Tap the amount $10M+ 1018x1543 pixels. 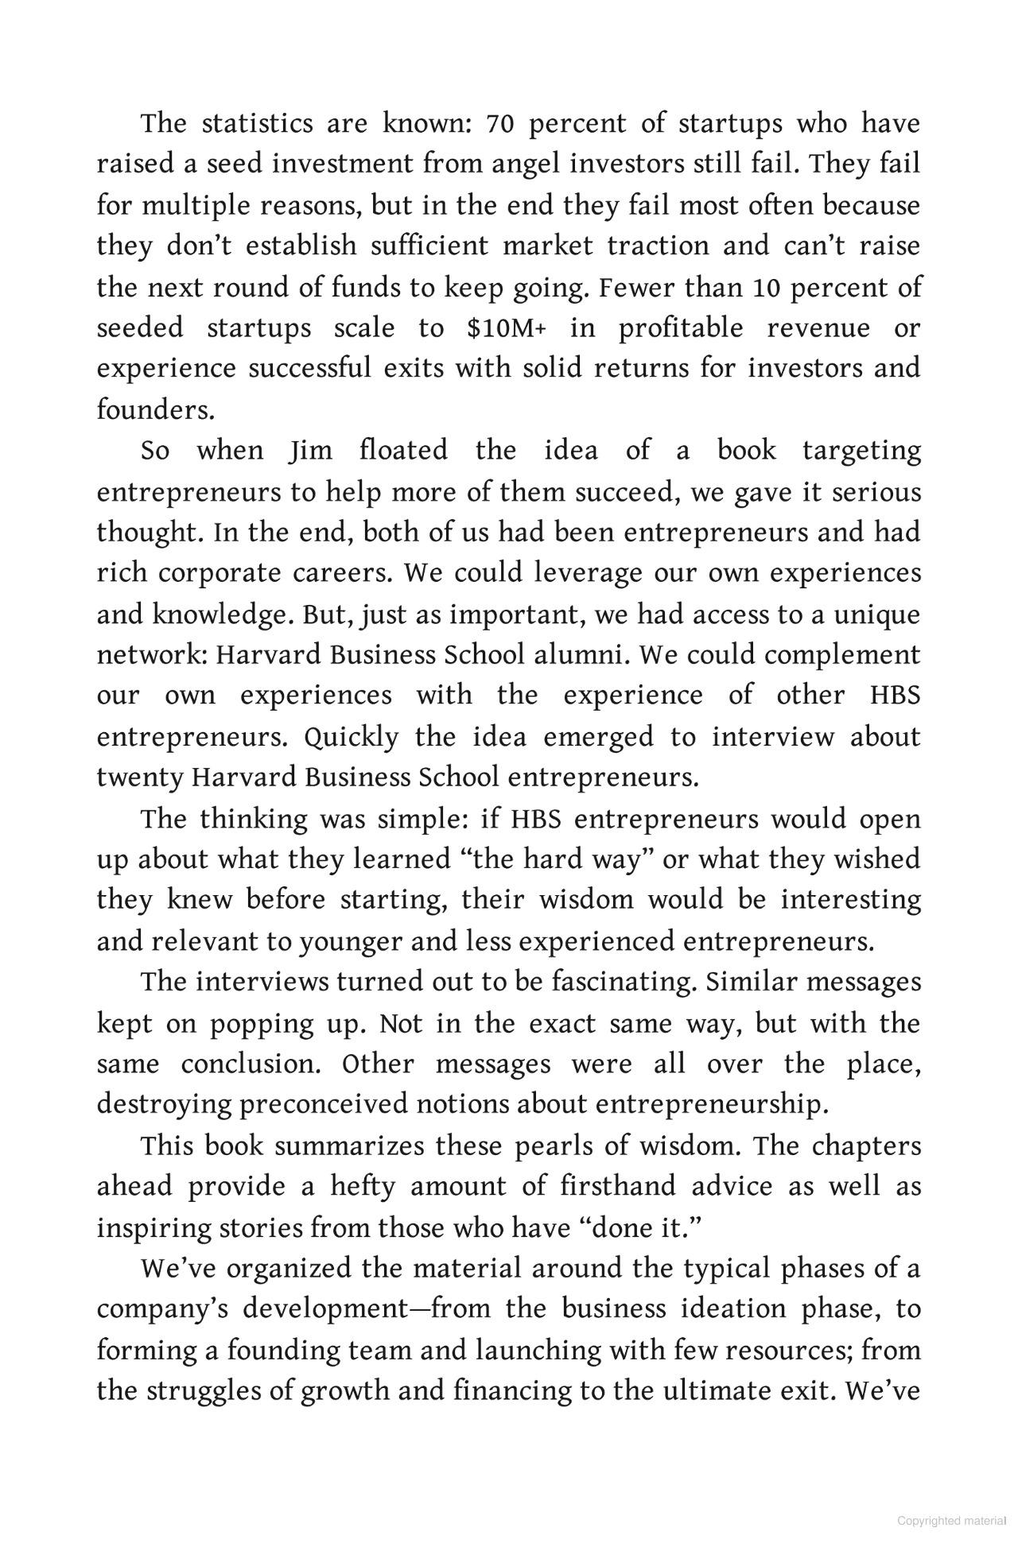tap(507, 328)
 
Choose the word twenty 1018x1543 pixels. tap(139, 777)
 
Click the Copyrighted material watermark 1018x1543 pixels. tap(951, 1521)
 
